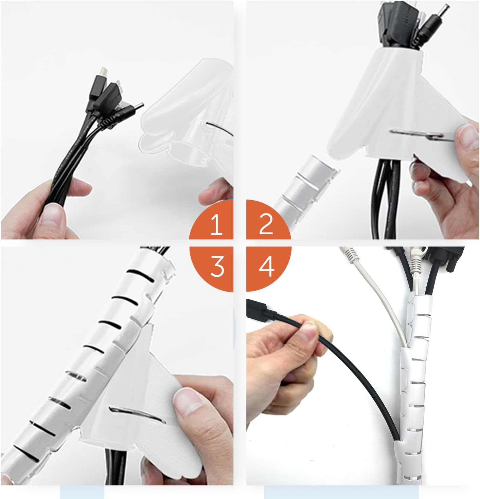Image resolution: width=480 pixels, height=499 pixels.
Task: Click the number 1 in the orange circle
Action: click(216, 225)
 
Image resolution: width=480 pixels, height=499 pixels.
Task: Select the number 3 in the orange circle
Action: click(217, 267)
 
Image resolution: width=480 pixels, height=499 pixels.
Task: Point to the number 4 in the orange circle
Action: click(267, 267)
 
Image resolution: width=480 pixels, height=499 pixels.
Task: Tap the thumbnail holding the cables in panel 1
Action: click(53, 214)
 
